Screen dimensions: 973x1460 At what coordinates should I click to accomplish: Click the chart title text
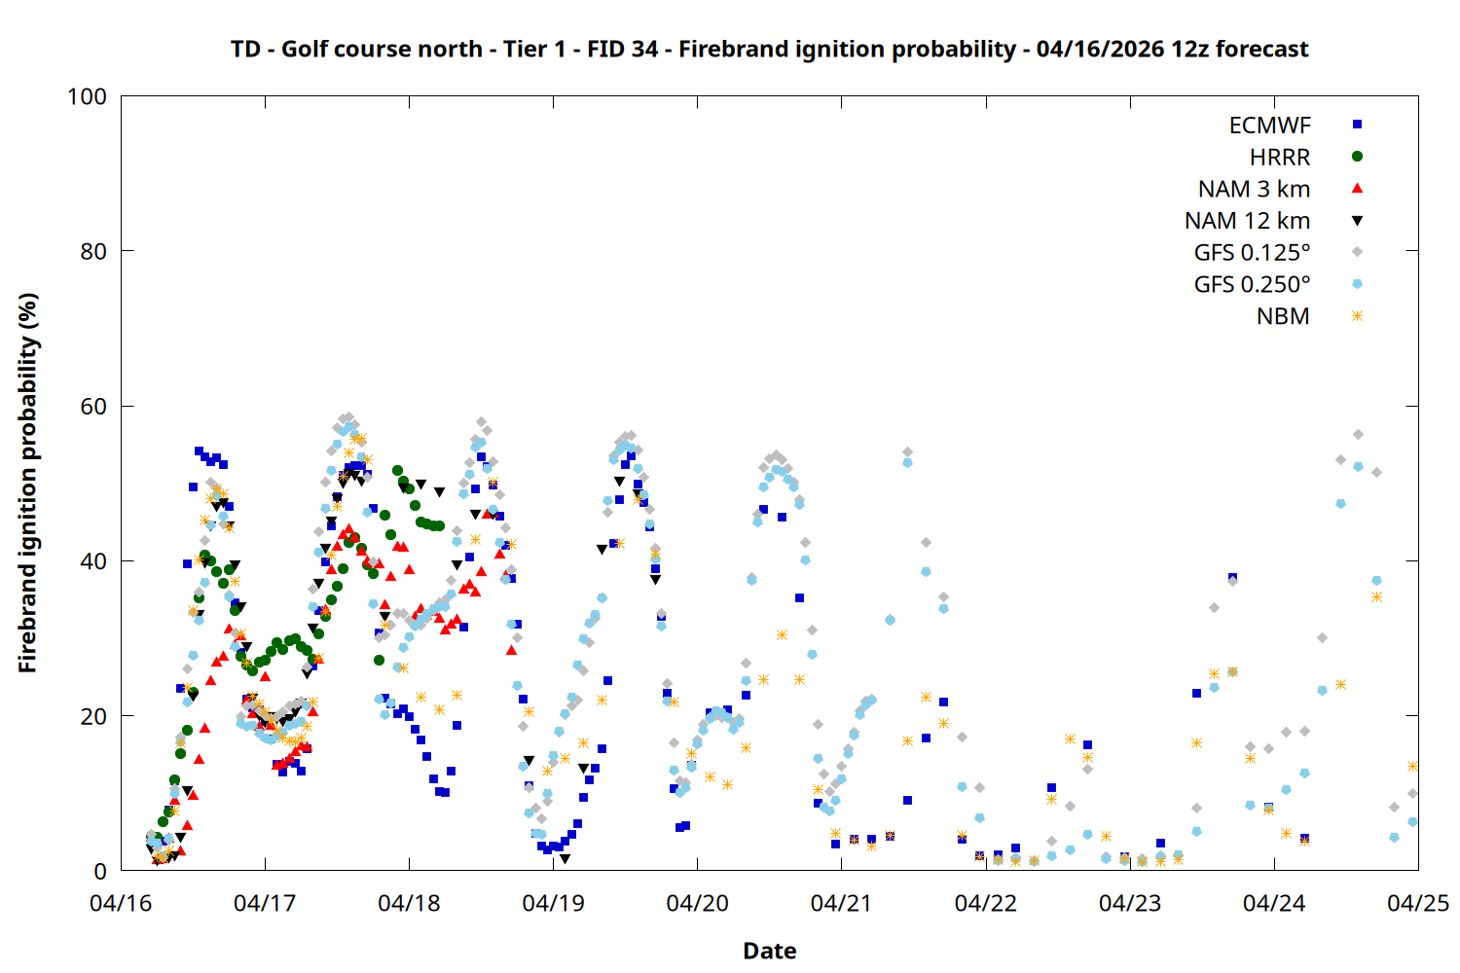769,49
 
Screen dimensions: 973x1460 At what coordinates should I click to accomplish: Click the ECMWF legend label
1269,126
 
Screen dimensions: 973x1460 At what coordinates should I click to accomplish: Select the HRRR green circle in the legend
1357,157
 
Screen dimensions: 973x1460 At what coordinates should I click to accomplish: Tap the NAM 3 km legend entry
1254,189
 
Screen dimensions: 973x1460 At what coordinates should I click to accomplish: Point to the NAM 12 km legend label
1247,221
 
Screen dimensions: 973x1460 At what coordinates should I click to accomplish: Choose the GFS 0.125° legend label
1252,253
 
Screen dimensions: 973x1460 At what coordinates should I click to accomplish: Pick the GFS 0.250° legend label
1252,285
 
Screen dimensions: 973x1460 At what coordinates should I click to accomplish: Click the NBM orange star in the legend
1357,316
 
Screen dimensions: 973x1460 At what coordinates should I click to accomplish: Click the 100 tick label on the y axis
87,96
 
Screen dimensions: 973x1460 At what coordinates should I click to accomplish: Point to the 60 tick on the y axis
93,406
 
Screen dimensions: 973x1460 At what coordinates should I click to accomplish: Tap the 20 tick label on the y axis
93,716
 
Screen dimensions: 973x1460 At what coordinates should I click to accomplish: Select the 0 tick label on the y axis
100,871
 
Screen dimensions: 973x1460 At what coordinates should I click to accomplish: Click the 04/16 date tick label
121,903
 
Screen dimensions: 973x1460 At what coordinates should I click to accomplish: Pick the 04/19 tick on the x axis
553,903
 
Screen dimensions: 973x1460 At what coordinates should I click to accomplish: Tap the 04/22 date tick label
985,903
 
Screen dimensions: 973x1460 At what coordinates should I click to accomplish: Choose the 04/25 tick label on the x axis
1417,903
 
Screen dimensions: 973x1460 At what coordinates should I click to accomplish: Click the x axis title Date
769,951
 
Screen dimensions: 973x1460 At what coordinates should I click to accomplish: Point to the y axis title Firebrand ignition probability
27,483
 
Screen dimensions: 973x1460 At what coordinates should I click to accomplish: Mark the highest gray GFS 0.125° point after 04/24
1358,434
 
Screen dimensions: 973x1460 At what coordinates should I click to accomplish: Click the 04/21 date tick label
841,903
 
